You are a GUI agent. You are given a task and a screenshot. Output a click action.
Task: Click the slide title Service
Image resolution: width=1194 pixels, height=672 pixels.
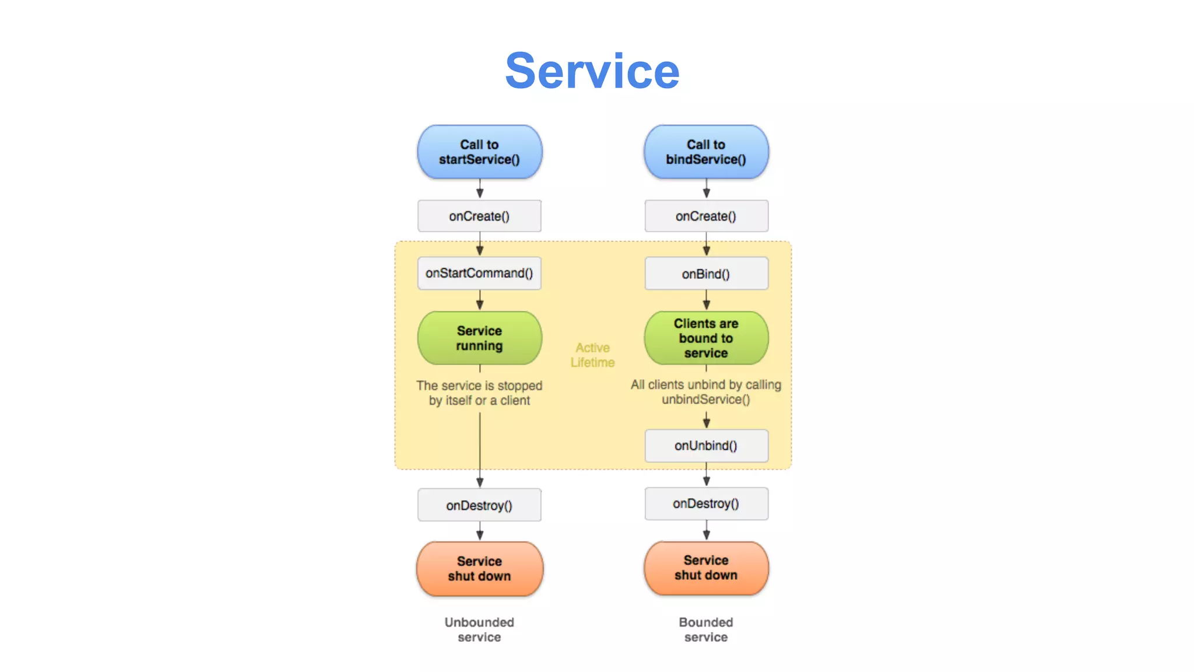coord(592,71)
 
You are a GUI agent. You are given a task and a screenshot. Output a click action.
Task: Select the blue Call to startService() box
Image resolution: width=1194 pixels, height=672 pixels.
coord(479,152)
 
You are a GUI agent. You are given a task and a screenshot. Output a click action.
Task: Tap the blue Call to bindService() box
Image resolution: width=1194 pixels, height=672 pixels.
coord(706,152)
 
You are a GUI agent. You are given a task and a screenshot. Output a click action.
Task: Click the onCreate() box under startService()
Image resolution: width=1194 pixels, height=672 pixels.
coord(479,216)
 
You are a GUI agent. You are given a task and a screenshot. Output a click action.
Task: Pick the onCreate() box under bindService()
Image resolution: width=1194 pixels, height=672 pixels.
coord(706,216)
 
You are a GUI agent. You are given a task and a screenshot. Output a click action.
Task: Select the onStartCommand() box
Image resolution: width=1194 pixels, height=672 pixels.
coord(479,273)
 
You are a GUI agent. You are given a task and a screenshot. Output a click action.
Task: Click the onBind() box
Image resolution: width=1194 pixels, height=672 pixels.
coord(706,274)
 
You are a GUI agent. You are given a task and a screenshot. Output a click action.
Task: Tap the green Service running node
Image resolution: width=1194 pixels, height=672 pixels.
coord(479,338)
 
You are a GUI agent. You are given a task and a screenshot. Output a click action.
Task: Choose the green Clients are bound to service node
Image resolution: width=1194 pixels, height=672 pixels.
coord(706,338)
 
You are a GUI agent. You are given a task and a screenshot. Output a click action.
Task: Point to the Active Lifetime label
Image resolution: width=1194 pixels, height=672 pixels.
coord(592,355)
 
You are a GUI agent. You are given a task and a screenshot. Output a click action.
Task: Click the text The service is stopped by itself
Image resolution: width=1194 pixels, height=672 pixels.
coord(479,393)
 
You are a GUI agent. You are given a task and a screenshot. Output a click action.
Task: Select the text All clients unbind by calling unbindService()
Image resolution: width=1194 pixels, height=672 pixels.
coord(706,392)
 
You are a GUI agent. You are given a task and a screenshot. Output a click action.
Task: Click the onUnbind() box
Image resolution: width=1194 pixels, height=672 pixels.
coord(706,446)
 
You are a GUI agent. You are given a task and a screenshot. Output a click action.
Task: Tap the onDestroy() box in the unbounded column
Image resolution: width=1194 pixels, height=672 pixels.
coord(479,505)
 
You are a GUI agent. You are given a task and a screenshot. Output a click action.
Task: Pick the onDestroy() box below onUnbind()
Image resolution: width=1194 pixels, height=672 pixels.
coord(706,503)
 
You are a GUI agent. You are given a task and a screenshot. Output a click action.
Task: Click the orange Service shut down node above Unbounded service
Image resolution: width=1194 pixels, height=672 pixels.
coord(479,569)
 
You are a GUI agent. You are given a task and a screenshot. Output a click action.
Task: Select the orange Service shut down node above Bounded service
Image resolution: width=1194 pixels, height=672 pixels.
coord(706,568)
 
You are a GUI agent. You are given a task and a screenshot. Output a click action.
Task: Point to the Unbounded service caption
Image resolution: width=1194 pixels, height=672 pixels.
coord(479,630)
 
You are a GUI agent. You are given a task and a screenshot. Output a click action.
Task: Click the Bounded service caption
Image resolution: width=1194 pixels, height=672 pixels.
coord(706,630)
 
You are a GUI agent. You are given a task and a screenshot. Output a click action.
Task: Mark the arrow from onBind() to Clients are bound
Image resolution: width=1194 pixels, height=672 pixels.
coord(706,300)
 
